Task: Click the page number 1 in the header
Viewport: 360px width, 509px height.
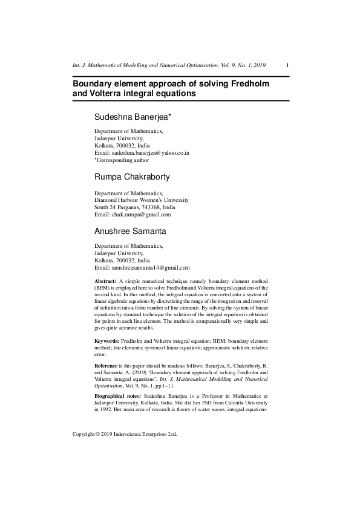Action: point(287,65)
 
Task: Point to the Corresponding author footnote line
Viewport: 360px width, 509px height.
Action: point(122,161)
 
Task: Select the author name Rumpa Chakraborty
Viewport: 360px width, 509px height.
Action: point(132,177)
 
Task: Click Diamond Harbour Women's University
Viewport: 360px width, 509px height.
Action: point(141,200)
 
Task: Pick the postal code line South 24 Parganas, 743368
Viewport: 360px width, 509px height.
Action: point(134,207)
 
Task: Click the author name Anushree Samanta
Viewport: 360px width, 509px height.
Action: point(131,231)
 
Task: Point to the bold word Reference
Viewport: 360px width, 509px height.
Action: point(106,366)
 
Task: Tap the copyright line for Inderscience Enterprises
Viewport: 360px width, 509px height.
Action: point(124,434)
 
